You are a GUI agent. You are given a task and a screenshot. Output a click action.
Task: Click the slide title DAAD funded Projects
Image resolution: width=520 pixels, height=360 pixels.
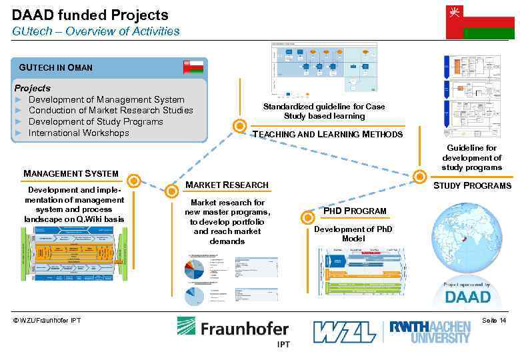[90, 15]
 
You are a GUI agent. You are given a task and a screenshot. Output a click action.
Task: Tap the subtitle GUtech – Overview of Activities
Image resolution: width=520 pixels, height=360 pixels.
[95, 31]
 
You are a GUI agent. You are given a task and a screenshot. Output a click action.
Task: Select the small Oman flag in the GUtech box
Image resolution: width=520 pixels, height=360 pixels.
[193, 67]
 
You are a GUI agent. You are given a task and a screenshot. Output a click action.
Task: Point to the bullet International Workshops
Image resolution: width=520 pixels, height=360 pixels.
[79, 133]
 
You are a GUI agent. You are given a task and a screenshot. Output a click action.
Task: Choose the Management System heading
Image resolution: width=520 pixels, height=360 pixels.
[71, 174]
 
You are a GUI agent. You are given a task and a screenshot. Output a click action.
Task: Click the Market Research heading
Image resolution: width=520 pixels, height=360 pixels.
[227, 185]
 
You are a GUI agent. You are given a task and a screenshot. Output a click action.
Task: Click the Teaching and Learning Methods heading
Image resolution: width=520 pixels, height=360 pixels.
[327, 135]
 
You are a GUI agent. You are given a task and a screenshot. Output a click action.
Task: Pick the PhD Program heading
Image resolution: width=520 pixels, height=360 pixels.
[355, 211]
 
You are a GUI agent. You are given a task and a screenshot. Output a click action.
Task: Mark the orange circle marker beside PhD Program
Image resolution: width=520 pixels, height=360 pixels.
[307, 217]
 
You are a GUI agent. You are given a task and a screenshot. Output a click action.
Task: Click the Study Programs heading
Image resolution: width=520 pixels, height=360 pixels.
[472, 185]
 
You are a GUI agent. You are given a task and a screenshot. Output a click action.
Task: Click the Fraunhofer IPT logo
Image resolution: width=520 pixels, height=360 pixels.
[233, 331]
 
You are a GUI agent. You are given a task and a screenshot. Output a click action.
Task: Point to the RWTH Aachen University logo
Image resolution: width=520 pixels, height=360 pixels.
[430, 331]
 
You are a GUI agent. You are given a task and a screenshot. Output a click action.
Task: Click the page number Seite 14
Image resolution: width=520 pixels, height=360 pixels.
[493, 321]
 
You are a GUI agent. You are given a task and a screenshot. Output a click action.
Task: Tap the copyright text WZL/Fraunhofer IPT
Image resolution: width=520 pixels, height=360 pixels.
[47, 321]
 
